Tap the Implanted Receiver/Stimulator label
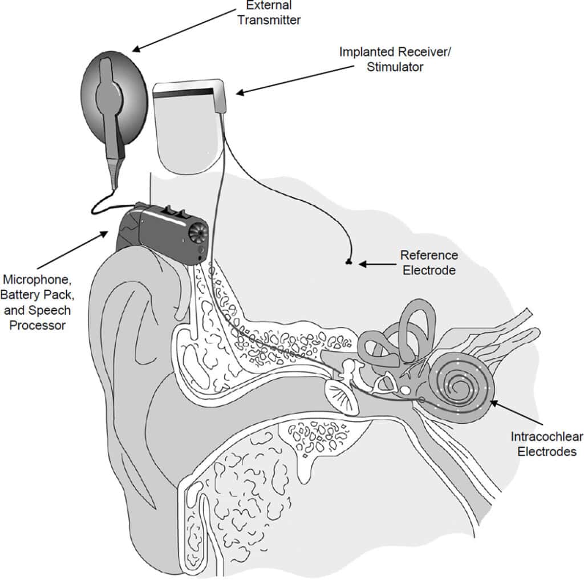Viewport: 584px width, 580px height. (x=382, y=59)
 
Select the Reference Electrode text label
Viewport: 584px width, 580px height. (x=429, y=262)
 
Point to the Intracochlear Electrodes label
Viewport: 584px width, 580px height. (x=546, y=445)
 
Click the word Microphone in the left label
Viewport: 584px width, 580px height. (x=38, y=281)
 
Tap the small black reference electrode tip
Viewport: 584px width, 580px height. (x=348, y=262)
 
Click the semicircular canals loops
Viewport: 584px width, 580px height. (x=399, y=336)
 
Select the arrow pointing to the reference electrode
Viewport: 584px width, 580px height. (x=378, y=264)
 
